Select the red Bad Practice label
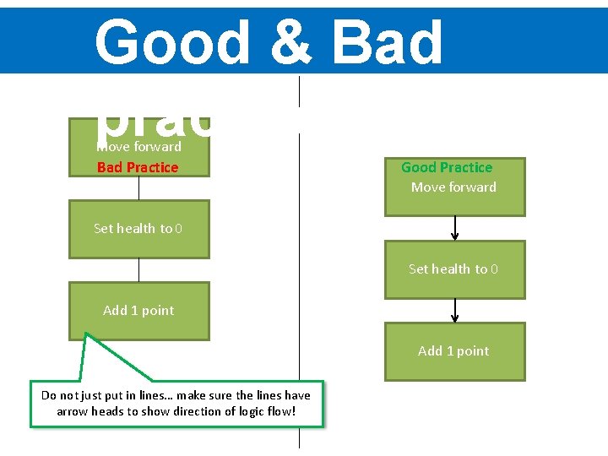(x=138, y=167)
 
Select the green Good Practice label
(x=447, y=167)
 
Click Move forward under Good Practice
(x=453, y=187)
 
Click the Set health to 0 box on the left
(x=138, y=229)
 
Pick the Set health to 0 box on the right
(x=454, y=269)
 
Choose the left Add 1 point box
(x=138, y=311)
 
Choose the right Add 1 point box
(x=454, y=351)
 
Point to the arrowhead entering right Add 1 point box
(x=455, y=318)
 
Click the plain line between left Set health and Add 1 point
(x=138, y=269)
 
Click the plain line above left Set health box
(x=138, y=188)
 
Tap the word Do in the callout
(x=49, y=395)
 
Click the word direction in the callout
(x=183, y=411)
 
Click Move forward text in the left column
(x=138, y=147)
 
